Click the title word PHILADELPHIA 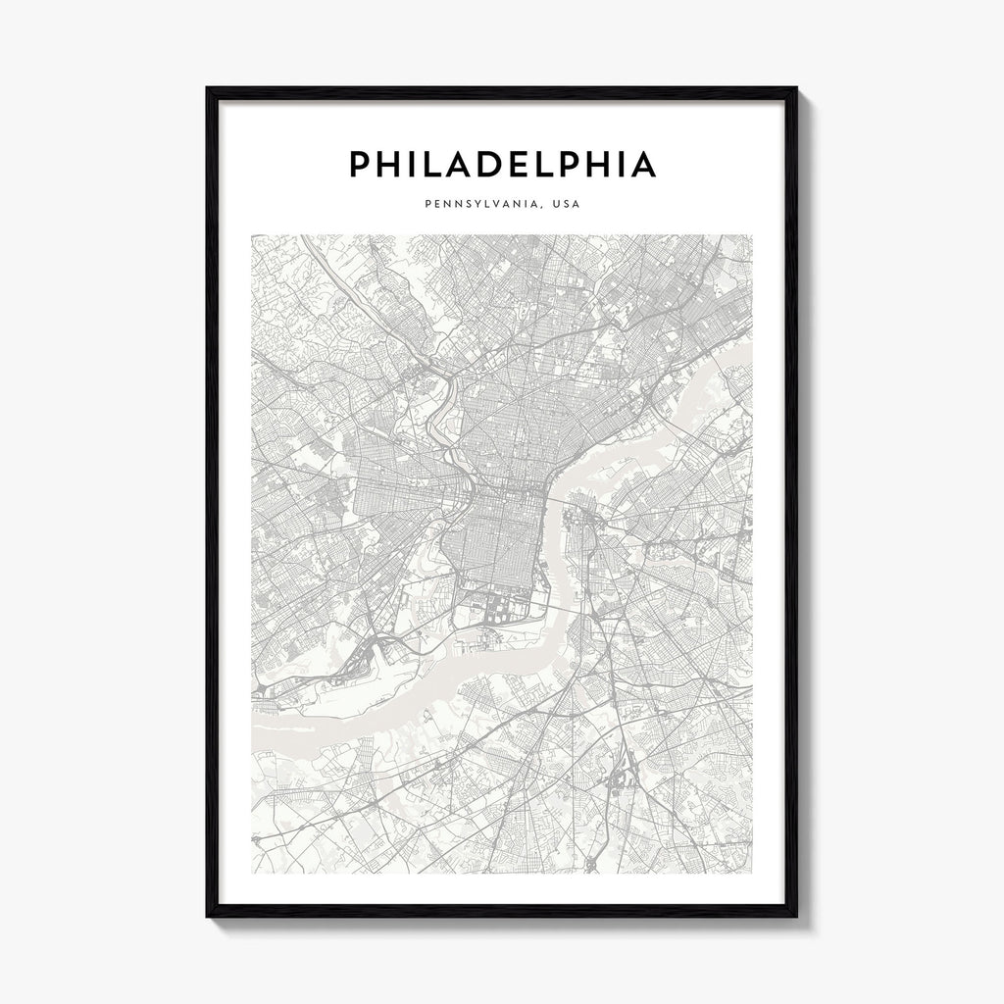[x=502, y=165]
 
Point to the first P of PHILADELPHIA [x=359, y=165]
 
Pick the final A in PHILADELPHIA [x=643, y=165]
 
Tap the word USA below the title [x=565, y=206]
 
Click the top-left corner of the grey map [x=252, y=235]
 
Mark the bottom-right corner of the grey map [x=752, y=872]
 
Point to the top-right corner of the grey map [x=752, y=235]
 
